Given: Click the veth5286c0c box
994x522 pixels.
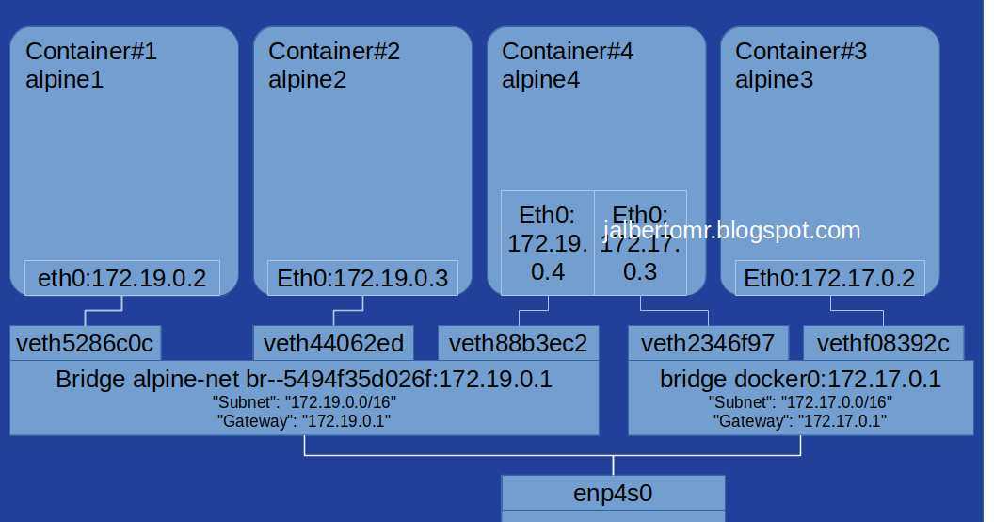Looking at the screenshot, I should coord(86,343).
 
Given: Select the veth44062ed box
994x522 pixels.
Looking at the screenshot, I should coord(333,343).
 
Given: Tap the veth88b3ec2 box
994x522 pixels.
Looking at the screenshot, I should coord(518,343).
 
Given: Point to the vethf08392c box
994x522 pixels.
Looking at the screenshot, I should coord(883,343).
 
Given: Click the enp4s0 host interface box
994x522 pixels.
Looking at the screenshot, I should coord(613,492).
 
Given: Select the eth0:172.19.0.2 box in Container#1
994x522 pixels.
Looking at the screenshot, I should coord(121,278).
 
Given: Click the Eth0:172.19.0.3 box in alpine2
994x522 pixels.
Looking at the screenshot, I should coord(361,278).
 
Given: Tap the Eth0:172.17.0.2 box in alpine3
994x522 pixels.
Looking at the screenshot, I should coord(829,278).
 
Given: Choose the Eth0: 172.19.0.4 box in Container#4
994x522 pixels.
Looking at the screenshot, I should coord(547,243).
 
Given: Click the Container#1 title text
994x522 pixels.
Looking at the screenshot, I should coord(90,52).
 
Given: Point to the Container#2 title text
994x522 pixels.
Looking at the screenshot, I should coord(334,52).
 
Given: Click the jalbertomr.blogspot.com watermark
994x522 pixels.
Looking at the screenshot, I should coord(732,230).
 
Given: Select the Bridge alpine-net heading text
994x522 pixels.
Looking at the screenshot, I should coord(303,380).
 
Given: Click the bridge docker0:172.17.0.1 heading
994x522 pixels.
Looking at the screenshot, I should coord(800,380).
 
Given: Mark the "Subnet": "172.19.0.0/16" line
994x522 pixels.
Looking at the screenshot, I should coord(303,402).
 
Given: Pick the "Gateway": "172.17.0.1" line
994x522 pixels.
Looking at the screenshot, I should coord(800,421).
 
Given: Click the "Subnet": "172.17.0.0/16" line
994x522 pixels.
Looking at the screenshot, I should coord(800,402).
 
